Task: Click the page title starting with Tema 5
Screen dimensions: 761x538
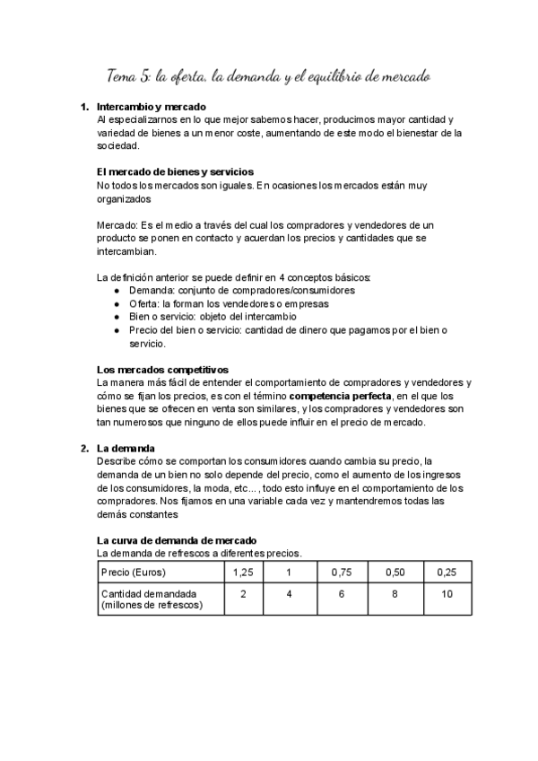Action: point(269,77)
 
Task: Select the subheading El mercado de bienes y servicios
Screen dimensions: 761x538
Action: point(175,171)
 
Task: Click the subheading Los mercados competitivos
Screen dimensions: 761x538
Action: point(162,369)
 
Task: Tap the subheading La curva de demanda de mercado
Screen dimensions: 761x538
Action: point(177,540)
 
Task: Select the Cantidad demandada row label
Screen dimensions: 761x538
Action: point(150,599)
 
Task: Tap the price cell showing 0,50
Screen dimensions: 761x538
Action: point(394,572)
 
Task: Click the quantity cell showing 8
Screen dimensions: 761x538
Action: point(394,594)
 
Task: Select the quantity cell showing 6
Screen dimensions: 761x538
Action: point(342,594)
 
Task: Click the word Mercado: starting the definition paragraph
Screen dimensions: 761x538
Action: point(117,223)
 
